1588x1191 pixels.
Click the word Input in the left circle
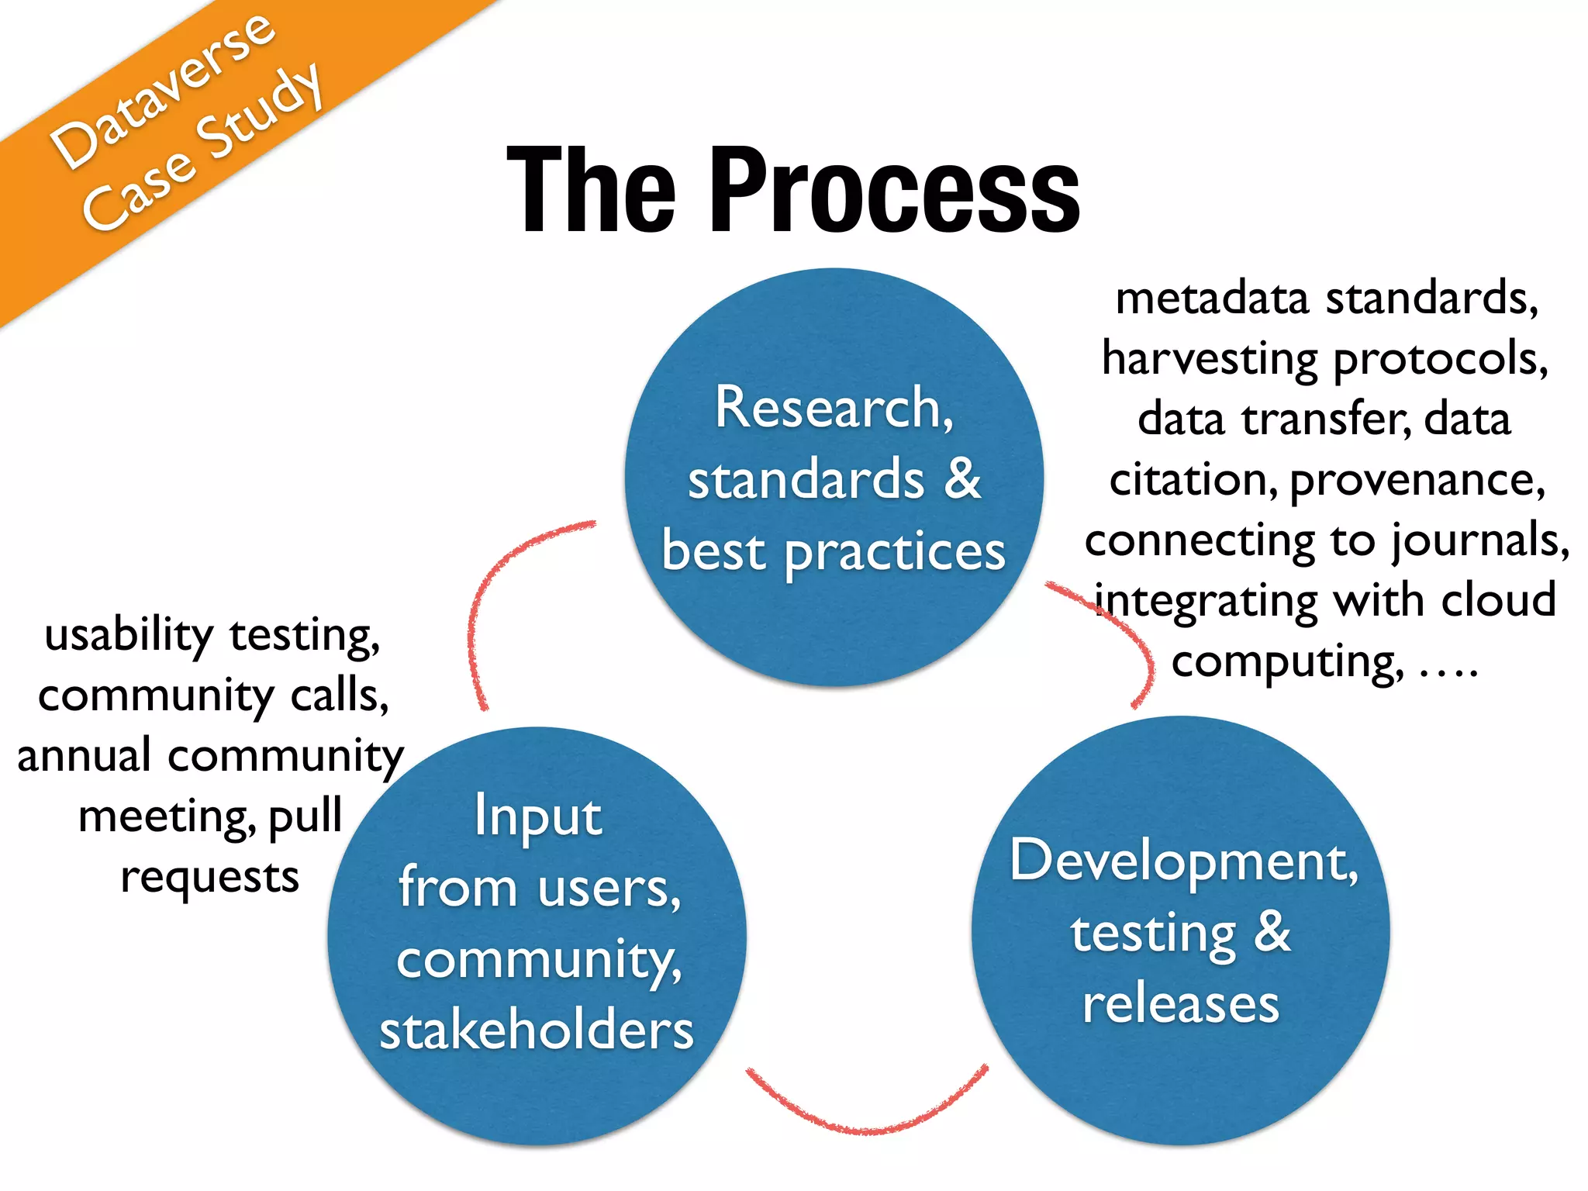tap(538, 816)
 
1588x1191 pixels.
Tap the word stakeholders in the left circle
tap(537, 1030)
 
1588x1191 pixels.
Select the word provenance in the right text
tap(1416, 481)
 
